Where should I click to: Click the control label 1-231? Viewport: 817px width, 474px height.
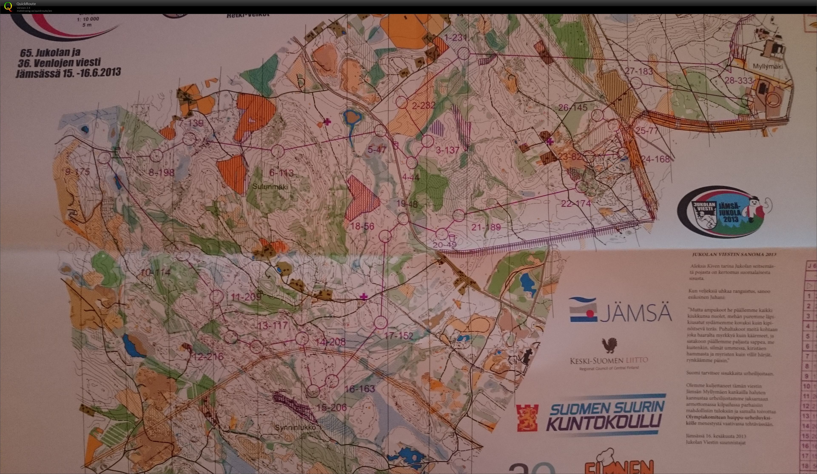click(x=455, y=38)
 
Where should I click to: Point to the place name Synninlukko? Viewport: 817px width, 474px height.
click(x=295, y=428)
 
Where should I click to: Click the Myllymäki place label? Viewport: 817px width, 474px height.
click(x=768, y=66)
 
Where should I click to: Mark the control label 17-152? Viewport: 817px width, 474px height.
click(x=399, y=336)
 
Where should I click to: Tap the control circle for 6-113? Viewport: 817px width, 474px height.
click(x=278, y=151)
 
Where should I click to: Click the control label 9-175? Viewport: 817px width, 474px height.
click(x=77, y=172)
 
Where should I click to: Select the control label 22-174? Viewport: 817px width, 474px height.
click(x=576, y=204)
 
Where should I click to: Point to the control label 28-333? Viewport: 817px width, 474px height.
click(x=738, y=80)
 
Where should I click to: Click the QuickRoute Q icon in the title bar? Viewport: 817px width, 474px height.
click(x=8, y=6)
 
